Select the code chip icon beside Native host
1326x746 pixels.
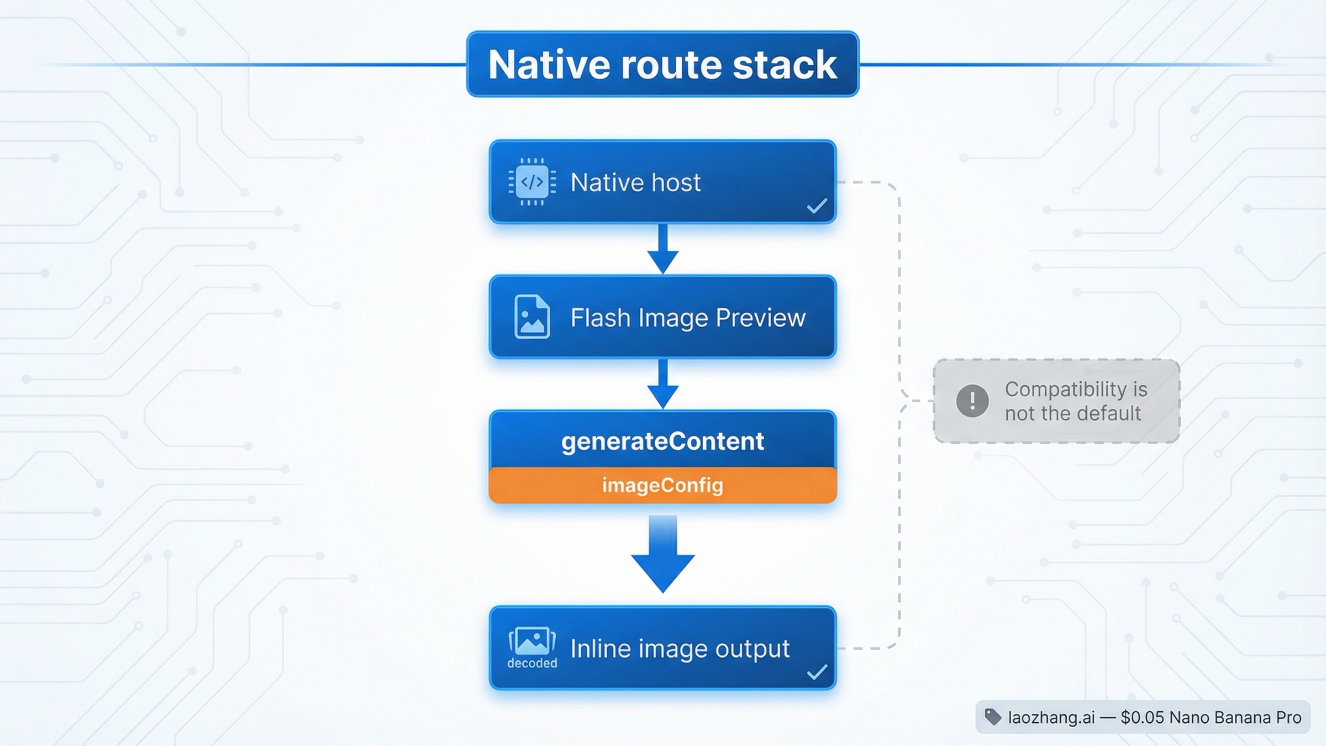point(532,182)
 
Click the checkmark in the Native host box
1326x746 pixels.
point(817,206)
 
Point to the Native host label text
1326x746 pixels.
point(635,182)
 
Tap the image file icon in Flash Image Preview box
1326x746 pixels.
point(532,317)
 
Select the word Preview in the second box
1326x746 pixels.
point(760,318)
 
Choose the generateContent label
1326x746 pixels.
point(662,441)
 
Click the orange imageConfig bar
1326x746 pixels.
point(662,485)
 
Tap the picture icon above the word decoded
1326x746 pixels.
point(532,641)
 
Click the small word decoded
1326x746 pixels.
point(532,663)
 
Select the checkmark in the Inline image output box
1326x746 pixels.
point(817,672)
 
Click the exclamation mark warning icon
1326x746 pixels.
point(972,401)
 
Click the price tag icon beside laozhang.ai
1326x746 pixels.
point(993,717)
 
